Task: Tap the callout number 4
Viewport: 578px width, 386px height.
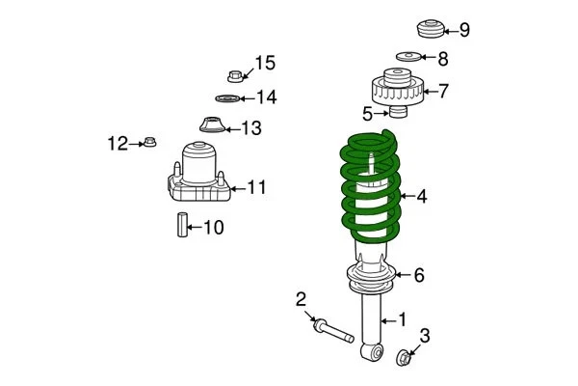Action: point(421,197)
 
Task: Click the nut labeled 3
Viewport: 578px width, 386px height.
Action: point(405,359)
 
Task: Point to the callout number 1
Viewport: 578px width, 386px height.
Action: point(403,318)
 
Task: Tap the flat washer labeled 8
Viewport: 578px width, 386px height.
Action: point(407,58)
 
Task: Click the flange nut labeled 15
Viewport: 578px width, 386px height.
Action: point(235,73)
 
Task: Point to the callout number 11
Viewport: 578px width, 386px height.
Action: point(256,187)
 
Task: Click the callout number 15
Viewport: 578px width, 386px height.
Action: point(264,64)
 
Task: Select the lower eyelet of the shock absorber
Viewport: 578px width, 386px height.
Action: point(371,351)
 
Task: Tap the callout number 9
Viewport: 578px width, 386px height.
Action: point(464,30)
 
